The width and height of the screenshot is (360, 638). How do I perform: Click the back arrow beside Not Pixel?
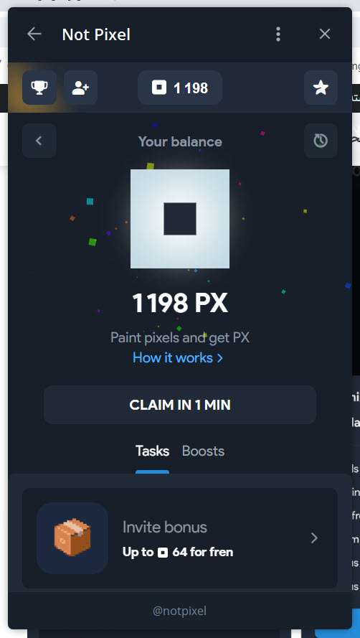point(34,34)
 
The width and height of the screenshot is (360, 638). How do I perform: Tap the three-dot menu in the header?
point(278,34)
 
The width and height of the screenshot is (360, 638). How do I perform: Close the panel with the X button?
point(325,34)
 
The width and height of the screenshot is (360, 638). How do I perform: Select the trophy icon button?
point(39,88)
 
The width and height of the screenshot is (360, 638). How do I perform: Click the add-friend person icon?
point(80,88)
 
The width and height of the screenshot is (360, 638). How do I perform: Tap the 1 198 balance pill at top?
point(180,88)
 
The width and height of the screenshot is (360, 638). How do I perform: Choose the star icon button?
point(321,88)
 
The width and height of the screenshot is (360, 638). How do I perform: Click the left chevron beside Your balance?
point(39,141)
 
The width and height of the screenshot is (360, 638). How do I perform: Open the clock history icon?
point(321,141)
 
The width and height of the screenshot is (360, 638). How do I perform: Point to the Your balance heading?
point(180,141)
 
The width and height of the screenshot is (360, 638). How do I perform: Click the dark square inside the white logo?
point(180,219)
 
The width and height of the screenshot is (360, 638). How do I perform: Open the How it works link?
point(178,358)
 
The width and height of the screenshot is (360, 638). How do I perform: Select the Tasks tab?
point(152,451)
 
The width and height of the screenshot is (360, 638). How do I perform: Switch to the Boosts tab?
point(204,451)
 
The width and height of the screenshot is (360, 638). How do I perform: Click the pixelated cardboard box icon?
point(72,538)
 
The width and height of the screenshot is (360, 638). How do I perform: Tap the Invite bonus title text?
point(165,527)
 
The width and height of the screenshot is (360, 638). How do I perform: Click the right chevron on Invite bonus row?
point(314,538)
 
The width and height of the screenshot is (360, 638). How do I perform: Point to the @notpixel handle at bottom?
point(180,611)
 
